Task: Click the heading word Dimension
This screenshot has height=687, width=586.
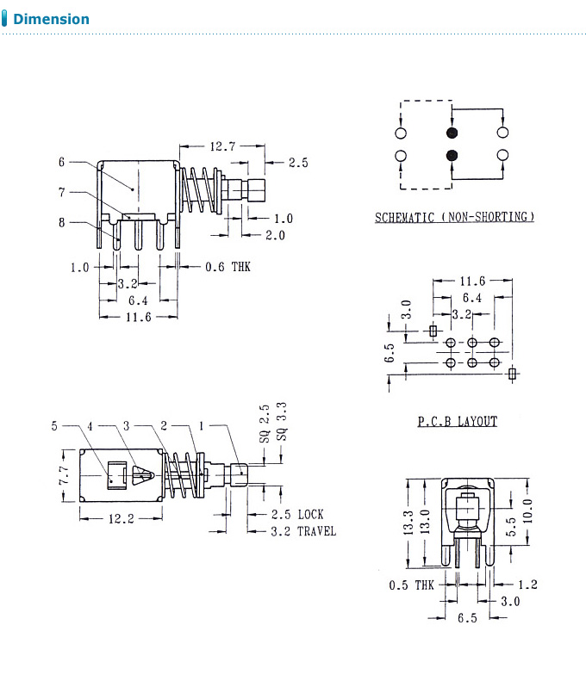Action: (x=51, y=18)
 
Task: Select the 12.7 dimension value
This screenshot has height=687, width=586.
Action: (x=221, y=146)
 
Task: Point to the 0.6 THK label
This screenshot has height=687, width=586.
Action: (x=228, y=267)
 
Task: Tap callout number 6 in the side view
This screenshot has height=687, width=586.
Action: (x=62, y=161)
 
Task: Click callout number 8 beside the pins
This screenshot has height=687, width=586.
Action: (x=62, y=222)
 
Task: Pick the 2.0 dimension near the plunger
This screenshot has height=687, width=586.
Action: (x=275, y=235)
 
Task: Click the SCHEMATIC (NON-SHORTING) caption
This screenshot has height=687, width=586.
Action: (x=454, y=217)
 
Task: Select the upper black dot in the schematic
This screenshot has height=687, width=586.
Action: (x=452, y=133)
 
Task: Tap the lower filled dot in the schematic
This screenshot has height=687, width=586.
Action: (x=452, y=156)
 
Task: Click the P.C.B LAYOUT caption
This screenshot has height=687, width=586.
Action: (x=457, y=421)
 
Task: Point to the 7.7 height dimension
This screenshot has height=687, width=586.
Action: (x=63, y=476)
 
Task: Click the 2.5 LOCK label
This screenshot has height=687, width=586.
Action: (x=297, y=514)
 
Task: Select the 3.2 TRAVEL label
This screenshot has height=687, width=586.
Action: (x=303, y=531)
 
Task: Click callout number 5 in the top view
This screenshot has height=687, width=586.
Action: (x=54, y=425)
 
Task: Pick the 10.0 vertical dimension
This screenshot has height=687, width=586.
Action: (x=527, y=511)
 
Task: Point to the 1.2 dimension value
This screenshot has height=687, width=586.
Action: (x=528, y=584)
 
